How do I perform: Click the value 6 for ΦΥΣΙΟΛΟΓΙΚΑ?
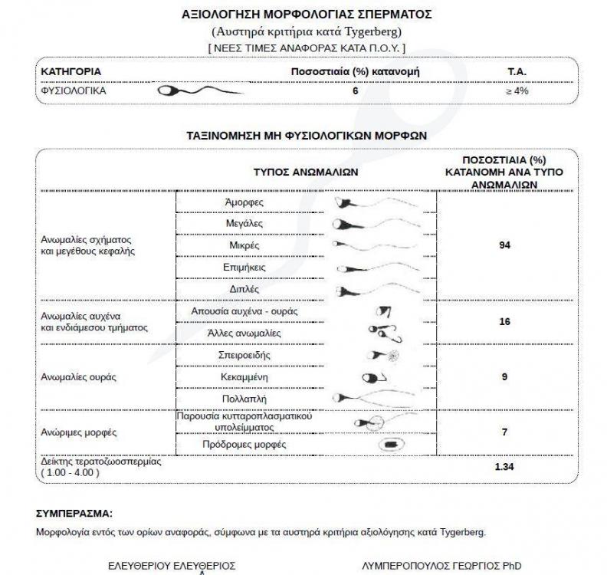click(x=355, y=90)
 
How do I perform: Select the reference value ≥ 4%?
click(x=517, y=90)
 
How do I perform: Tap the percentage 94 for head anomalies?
click(x=504, y=245)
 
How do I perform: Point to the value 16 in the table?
click(x=504, y=322)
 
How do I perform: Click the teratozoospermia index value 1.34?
click(x=504, y=466)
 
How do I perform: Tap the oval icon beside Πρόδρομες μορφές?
click(x=390, y=445)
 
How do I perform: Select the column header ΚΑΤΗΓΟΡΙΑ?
click(x=71, y=71)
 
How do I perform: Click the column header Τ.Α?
click(x=517, y=71)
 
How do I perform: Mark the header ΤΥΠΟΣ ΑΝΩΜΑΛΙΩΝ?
click(x=306, y=172)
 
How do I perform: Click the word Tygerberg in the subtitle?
click(x=373, y=31)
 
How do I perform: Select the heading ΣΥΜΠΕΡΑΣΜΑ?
click(x=74, y=512)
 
